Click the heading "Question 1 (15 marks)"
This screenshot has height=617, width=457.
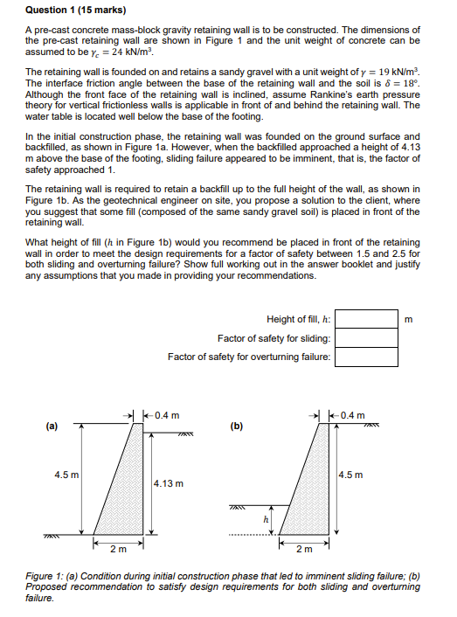(73, 10)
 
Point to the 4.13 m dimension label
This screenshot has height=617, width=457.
(168, 482)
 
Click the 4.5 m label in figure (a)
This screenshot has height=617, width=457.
(66, 475)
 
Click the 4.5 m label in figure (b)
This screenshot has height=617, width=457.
(352, 475)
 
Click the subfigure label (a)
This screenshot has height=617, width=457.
(52, 426)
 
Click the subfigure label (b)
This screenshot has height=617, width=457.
(237, 426)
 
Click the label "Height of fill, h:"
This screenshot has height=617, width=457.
(297, 320)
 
